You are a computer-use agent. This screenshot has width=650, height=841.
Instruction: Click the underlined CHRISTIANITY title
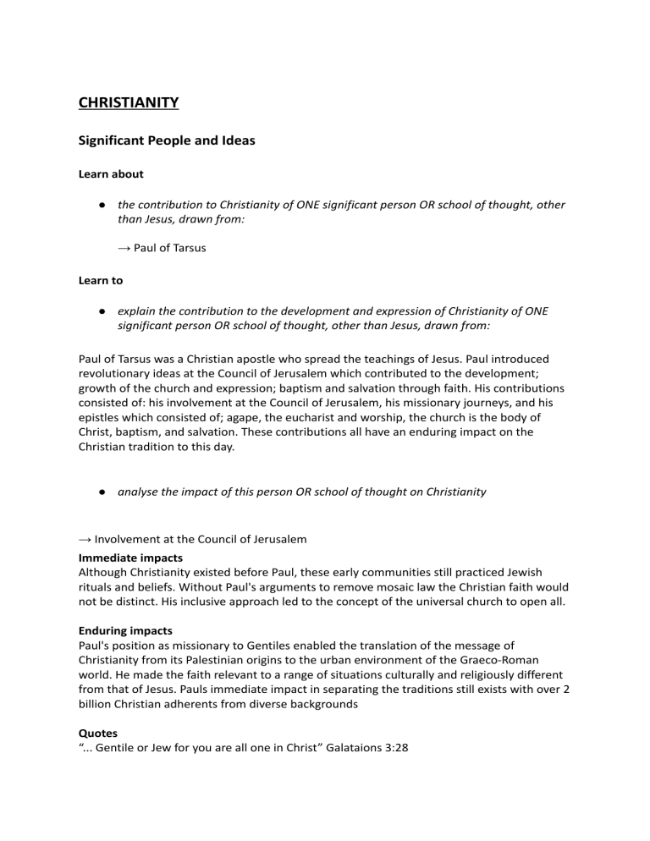tap(128, 103)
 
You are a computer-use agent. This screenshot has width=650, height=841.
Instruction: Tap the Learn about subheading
tap(111, 174)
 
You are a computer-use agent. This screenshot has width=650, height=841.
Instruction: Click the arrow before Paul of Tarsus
tap(124, 249)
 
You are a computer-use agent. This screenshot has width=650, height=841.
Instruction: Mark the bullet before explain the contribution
tap(101, 311)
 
